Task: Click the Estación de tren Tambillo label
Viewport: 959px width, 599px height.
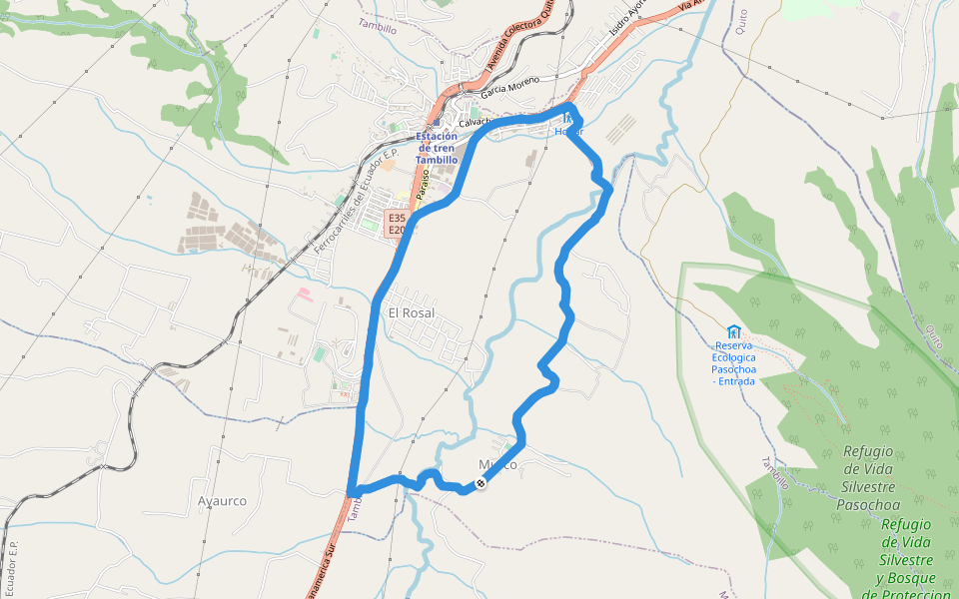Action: tap(437, 148)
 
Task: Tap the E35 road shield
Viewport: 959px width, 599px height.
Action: tap(398, 218)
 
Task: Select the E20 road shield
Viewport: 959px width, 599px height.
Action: tap(398, 231)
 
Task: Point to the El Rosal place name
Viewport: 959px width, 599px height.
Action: tap(411, 312)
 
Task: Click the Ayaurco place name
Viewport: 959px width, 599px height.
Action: tap(222, 501)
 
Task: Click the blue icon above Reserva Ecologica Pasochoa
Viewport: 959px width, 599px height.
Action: tap(734, 332)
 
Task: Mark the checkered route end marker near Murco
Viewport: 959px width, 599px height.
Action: tap(480, 483)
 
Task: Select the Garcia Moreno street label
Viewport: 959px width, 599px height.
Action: tap(509, 86)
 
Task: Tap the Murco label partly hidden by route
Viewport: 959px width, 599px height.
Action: tap(497, 465)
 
